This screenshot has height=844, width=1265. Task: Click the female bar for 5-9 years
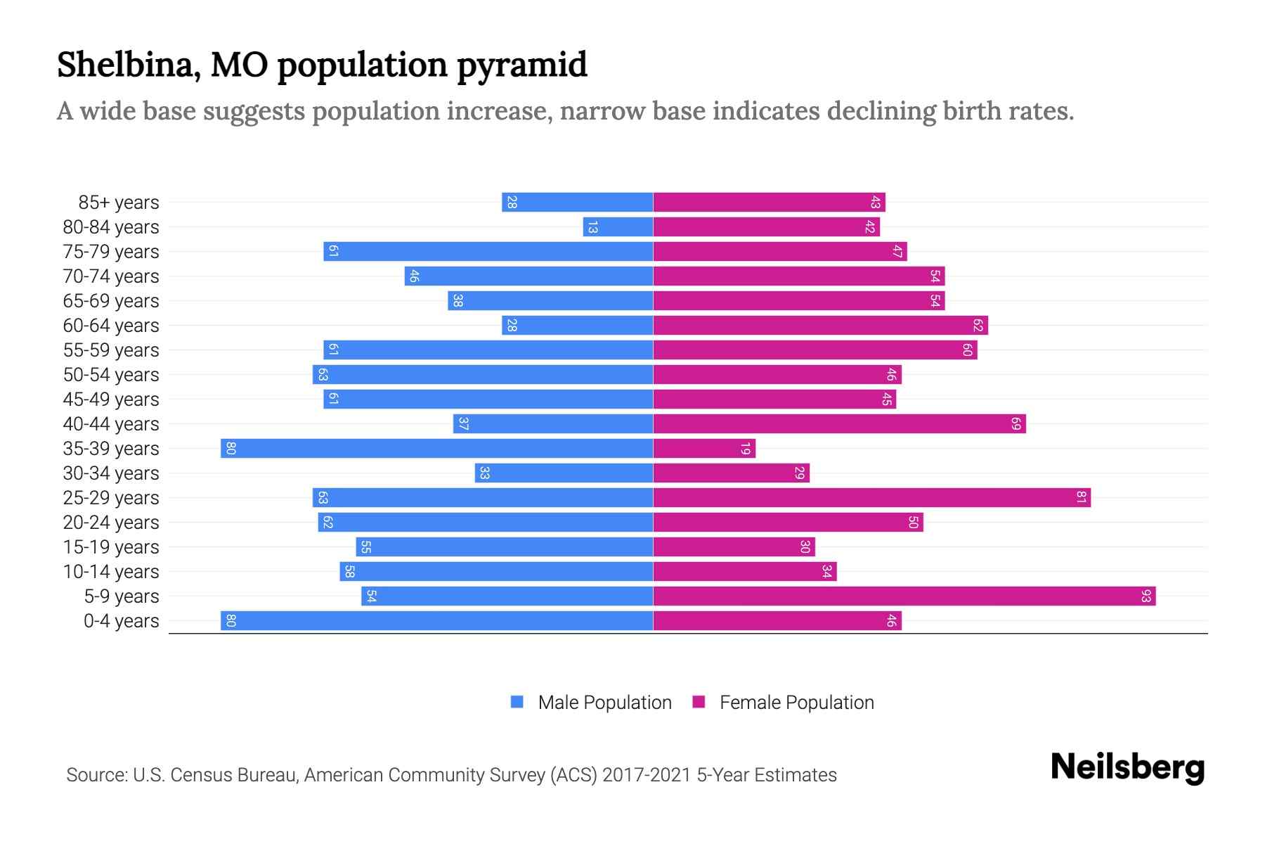904,596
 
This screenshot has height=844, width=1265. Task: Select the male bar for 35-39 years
436,449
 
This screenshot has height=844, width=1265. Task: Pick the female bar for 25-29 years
871,498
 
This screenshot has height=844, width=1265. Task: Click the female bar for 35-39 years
704,449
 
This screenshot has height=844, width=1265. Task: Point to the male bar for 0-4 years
436,621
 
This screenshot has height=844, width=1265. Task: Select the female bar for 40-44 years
839,424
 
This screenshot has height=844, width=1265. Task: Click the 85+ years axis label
118,203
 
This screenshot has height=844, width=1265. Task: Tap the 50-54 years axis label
111,375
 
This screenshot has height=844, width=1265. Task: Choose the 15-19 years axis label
111,547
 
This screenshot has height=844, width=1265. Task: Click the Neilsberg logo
1127,767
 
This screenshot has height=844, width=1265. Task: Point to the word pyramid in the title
522,65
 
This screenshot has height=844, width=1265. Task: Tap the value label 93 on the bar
1146,596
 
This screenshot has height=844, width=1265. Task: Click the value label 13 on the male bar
592,227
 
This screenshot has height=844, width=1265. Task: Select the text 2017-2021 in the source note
647,775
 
